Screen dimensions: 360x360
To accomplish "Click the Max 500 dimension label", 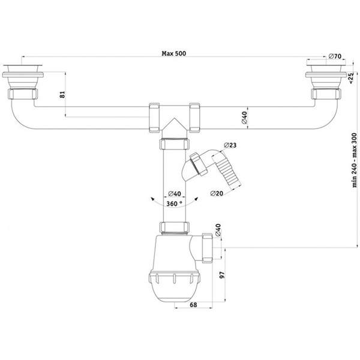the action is [174, 53].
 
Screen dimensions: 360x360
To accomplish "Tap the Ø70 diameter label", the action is [335, 56].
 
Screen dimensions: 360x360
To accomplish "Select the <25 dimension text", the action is [351, 78].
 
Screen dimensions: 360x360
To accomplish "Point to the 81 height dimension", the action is [62, 95].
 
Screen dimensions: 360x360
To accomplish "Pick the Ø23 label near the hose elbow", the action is [230, 145].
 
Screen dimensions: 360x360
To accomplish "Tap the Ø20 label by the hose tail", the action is [217, 193].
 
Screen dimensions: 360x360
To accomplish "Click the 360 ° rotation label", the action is [174, 203].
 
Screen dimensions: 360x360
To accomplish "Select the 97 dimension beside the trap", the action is [222, 275].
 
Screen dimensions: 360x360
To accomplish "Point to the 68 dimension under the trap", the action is [193, 305].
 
